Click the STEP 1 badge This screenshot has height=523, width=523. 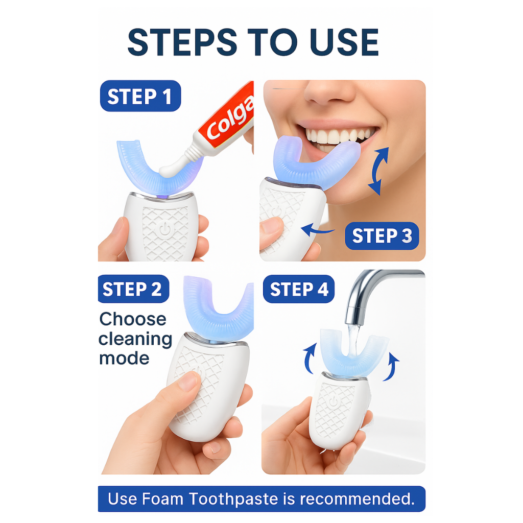pyautogui.click(x=140, y=96)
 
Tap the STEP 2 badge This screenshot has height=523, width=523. pyautogui.click(x=133, y=289)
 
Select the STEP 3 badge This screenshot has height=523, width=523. pyautogui.click(x=382, y=236)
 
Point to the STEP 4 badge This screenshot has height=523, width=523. pyautogui.click(x=298, y=289)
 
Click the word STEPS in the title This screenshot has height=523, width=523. pyautogui.click(x=182, y=42)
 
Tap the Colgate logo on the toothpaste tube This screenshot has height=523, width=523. pyautogui.click(x=230, y=118)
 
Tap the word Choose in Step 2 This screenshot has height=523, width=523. pyautogui.click(x=133, y=319)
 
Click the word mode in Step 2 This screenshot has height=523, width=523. pyautogui.click(x=124, y=358)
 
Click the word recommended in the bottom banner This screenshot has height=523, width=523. pyautogui.click(x=357, y=499)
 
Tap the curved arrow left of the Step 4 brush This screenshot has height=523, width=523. pyautogui.click(x=310, y=359)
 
